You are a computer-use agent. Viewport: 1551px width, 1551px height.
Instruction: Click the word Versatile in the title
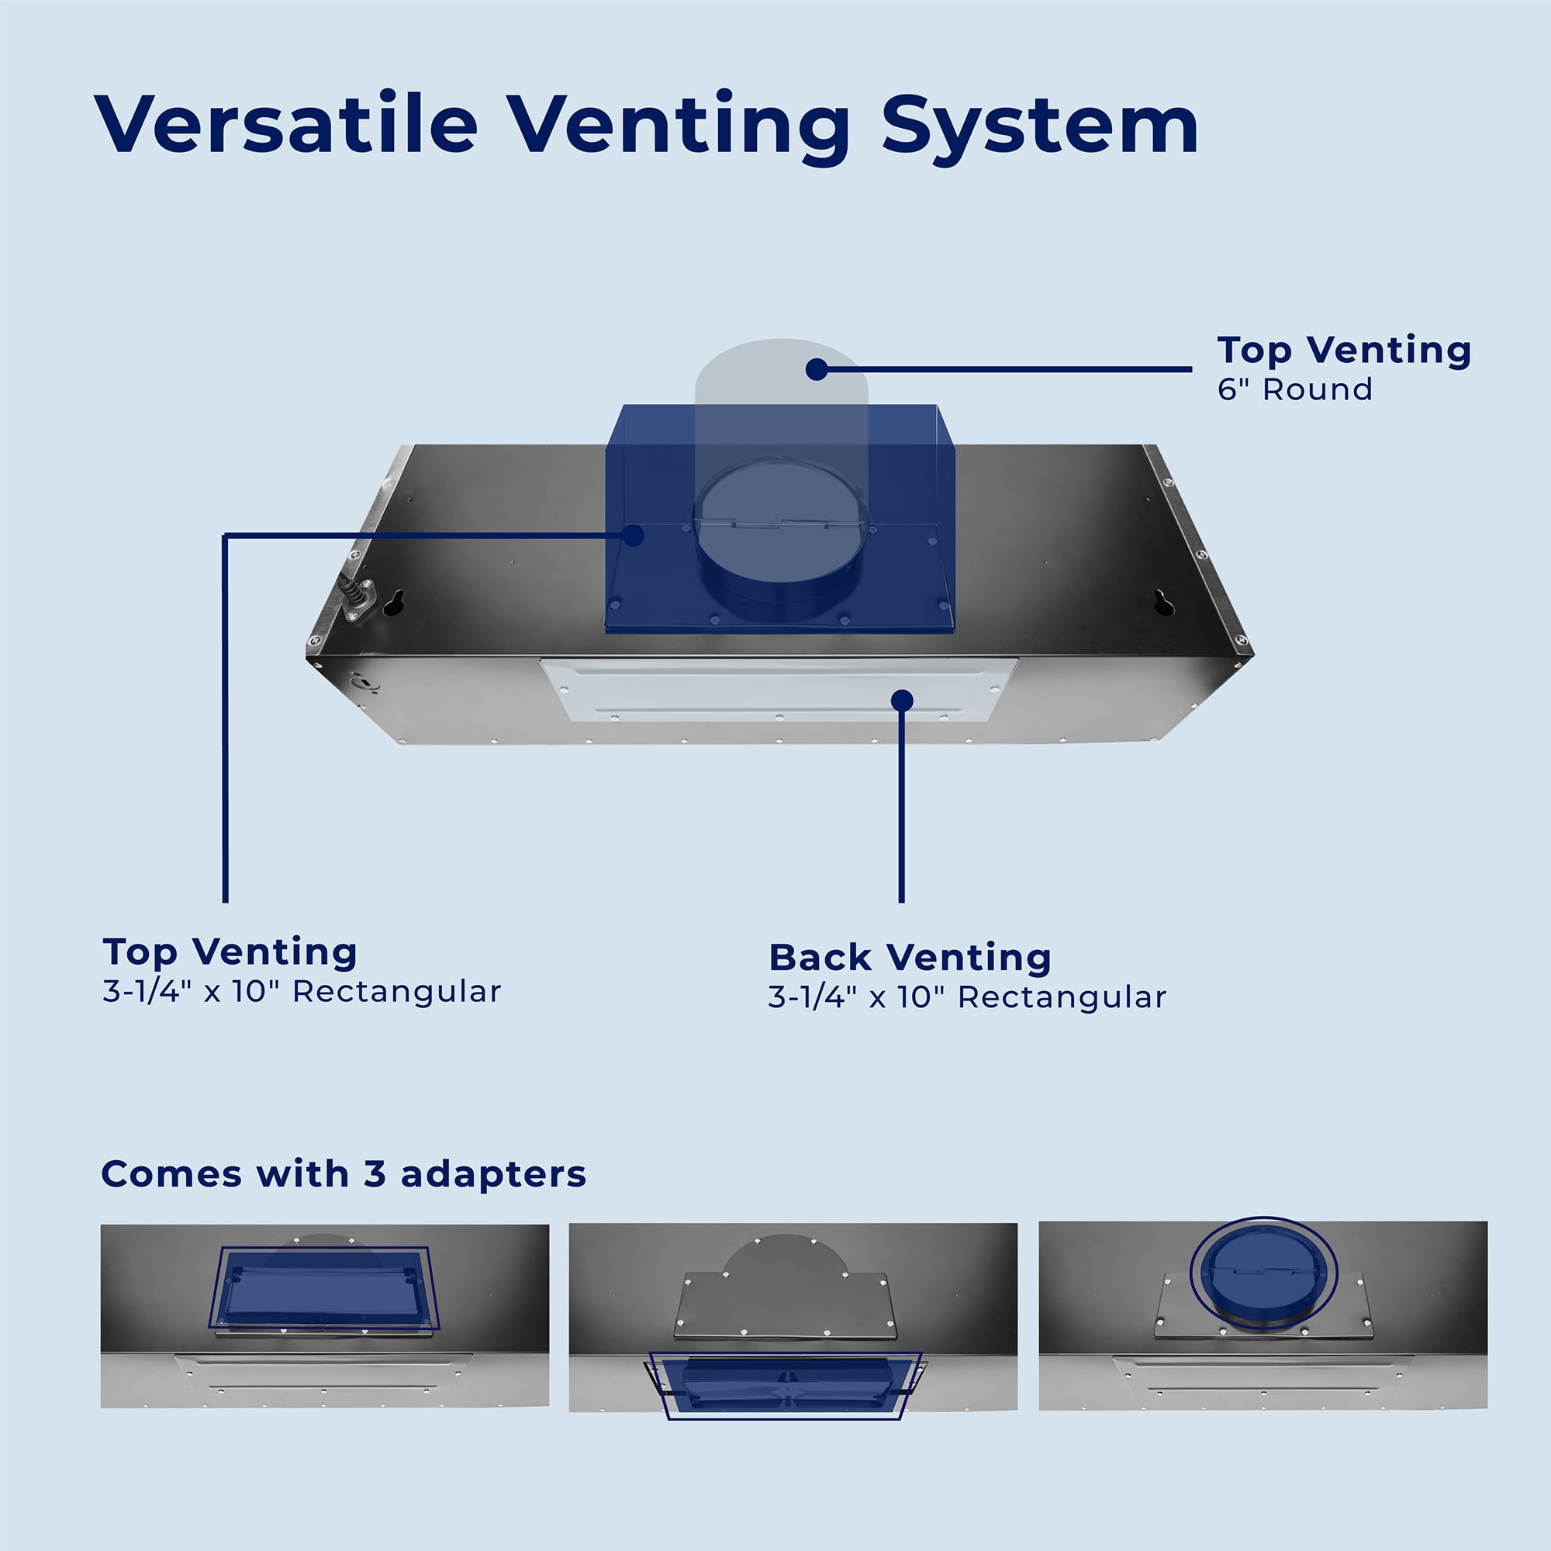pos(287,123)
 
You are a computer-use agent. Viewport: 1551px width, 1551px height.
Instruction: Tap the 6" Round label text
pos(1294,389)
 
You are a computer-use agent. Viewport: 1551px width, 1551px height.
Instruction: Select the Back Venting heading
pos(910,958)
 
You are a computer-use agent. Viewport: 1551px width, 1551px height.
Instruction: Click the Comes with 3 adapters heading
pos(344,1174)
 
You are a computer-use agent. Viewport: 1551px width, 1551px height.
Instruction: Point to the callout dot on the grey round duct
pos(817,369)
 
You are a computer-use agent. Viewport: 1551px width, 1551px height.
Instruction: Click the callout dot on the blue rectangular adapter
pos(634,534)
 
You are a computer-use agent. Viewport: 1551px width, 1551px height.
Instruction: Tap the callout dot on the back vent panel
pos(903,701)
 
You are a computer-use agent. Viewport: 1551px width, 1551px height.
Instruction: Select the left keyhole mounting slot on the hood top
pos(393,603)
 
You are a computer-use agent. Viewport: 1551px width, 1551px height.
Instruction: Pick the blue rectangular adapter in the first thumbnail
pos(323,1288)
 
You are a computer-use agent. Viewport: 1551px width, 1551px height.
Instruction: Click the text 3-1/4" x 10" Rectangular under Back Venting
pos(967,998)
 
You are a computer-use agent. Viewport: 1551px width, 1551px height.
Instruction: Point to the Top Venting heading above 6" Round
pos(1344,351)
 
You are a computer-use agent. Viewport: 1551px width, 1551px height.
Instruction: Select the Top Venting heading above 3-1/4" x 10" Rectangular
pos(230,953)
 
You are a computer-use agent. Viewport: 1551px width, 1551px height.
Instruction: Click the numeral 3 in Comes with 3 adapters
pos(374,1174)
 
